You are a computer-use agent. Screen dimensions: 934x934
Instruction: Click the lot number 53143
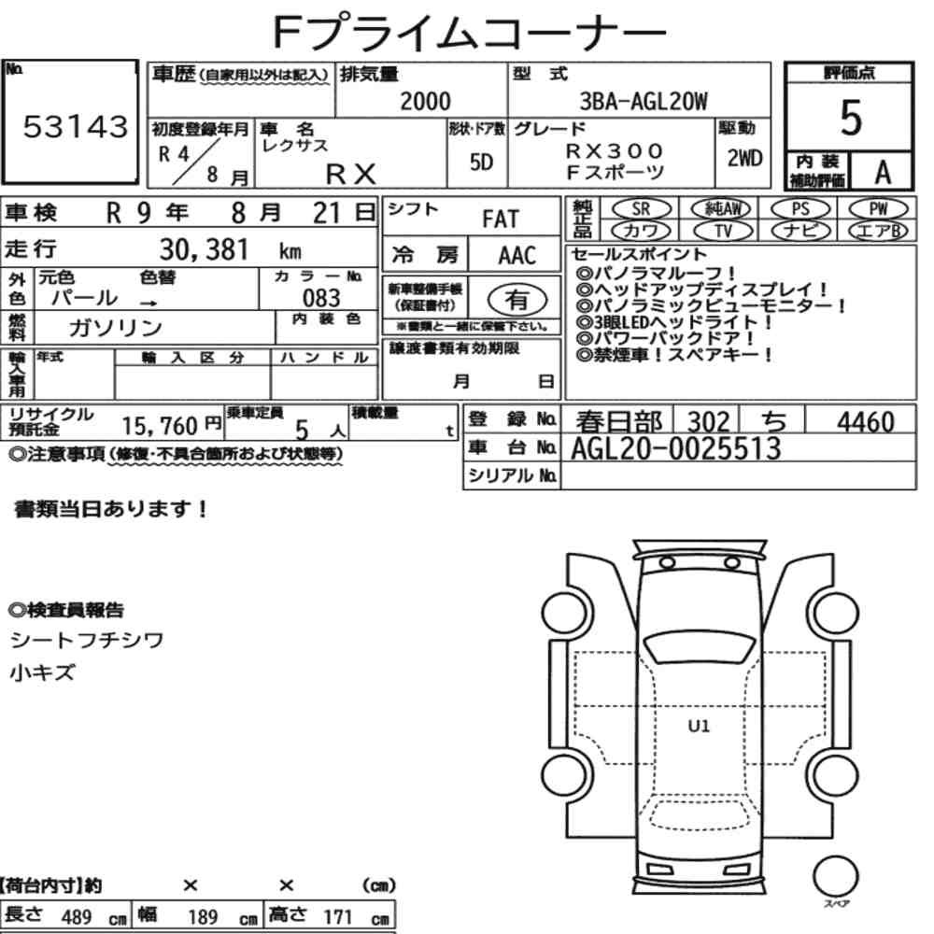75,126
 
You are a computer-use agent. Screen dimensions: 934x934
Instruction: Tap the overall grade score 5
851,118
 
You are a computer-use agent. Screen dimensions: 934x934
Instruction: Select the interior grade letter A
883,173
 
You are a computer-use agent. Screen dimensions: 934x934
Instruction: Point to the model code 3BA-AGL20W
644,102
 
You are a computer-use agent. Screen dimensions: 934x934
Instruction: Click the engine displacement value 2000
425,101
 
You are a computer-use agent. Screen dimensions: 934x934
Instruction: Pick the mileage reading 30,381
204,249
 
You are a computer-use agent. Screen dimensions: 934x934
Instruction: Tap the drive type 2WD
744,159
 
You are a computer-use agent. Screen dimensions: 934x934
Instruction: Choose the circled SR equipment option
642,208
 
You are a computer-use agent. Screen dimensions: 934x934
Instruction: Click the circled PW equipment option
879,208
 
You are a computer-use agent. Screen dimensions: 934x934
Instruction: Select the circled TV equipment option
723,231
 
